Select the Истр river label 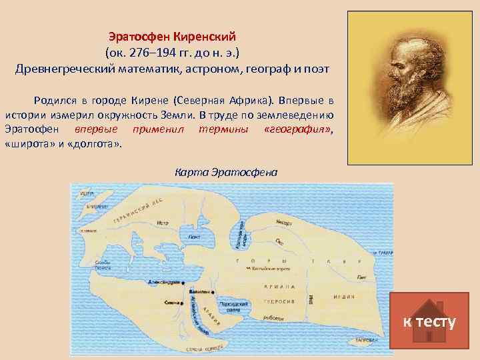click(163, 223)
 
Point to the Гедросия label click(284, 301)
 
